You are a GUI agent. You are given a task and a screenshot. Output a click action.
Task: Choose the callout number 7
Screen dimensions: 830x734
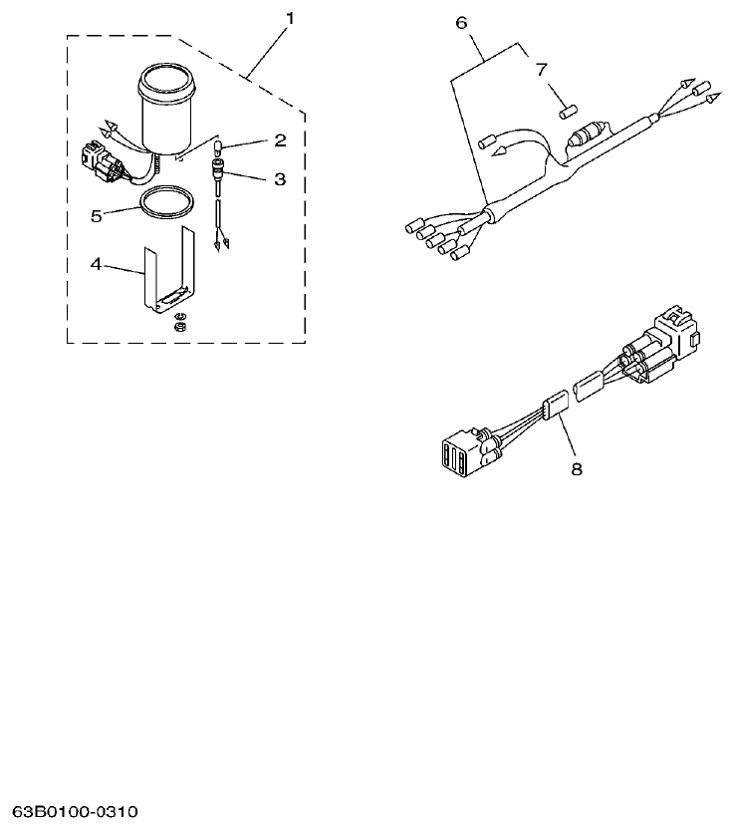point(541,69)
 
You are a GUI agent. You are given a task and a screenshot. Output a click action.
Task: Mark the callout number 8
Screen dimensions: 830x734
point(576,467)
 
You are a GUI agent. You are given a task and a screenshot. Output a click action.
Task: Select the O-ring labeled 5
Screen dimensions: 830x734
point(164,204)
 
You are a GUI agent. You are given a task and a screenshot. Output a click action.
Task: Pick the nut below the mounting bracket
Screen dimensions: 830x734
point(180,325)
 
